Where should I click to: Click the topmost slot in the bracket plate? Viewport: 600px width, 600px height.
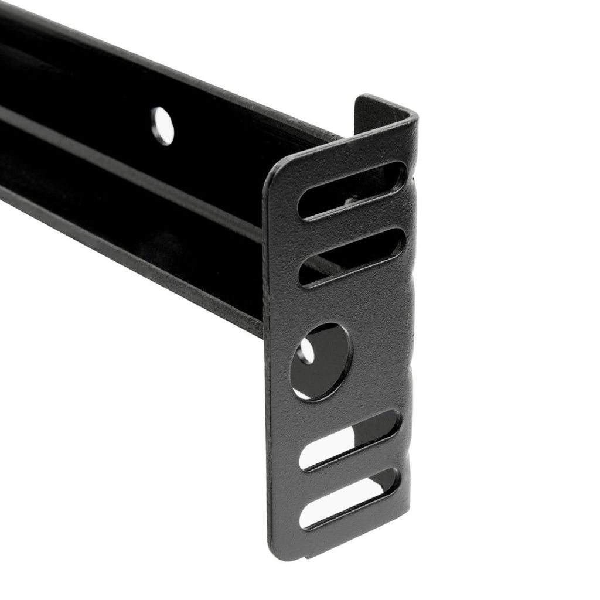pos(352,190)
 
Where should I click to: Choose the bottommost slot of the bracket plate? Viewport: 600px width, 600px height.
pos(350,498)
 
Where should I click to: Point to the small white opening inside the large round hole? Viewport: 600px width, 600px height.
pos(306,351)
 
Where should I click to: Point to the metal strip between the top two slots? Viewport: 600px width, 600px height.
pos(352,224)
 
